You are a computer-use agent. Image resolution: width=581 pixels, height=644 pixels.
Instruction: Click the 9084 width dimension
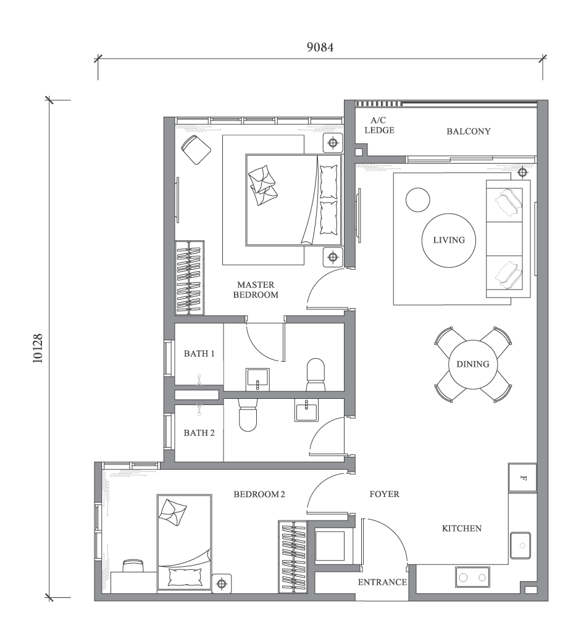pos(320,48)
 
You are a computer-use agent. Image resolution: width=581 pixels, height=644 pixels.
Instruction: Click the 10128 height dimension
pos(38,349)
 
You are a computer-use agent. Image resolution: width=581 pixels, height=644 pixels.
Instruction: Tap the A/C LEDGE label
pos(378,125)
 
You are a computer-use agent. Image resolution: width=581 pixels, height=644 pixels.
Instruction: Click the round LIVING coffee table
pos(449,240)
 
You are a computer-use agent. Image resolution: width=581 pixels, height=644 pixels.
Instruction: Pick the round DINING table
pos(473,364)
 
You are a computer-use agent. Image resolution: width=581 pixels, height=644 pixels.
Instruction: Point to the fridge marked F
pos(522,478)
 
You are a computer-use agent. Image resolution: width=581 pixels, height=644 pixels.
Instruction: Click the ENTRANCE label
pos(382,582)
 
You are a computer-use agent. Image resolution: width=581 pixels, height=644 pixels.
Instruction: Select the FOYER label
pos(384,494)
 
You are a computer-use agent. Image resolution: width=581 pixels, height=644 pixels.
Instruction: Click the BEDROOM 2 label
pos(259,494)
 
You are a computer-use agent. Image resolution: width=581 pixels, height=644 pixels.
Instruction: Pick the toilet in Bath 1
pos(316,374)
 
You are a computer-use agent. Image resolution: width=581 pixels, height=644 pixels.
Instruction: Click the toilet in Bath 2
pos(248,415)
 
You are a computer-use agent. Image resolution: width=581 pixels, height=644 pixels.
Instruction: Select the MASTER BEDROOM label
pos(255,290)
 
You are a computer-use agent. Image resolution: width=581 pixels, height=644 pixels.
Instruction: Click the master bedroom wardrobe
pos(190,277)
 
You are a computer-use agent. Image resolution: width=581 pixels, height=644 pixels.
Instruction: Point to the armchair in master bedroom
pos(196,150)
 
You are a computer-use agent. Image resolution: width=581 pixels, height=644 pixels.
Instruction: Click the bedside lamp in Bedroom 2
pos(222,583)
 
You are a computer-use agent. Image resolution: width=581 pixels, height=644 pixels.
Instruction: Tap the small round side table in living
pos(417,199)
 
